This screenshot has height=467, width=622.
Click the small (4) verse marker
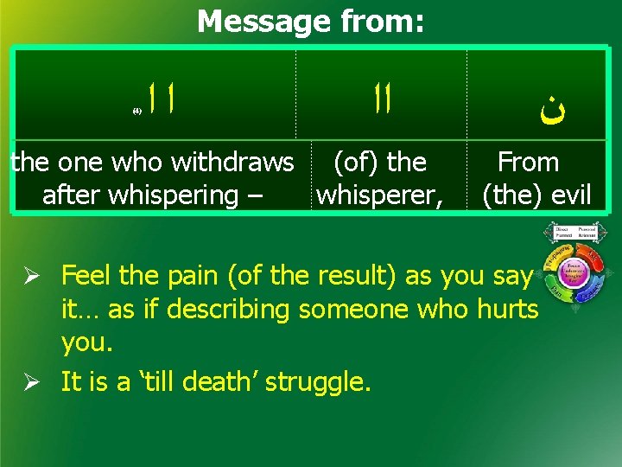136,112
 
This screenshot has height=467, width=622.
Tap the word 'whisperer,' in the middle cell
380,195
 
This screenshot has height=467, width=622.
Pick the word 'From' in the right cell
528,162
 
